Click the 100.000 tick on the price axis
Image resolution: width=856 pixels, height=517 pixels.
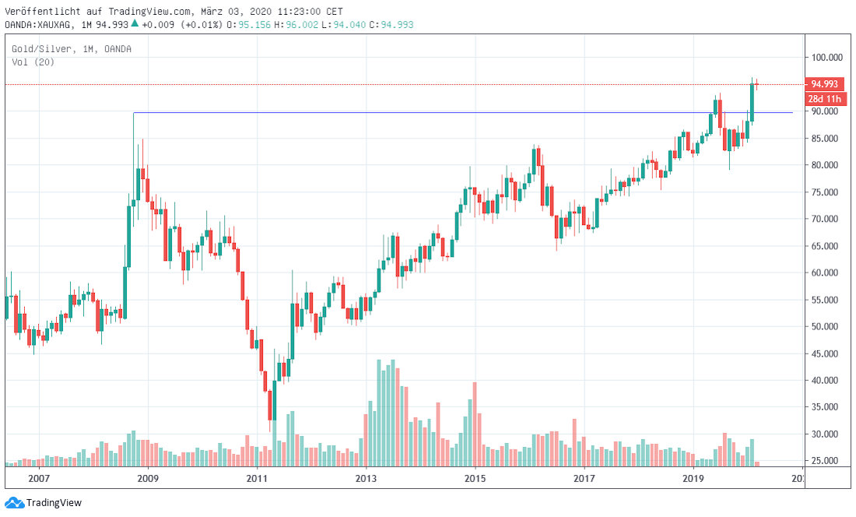pos(828,58)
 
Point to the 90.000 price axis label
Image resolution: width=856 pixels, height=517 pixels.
pos(826,111)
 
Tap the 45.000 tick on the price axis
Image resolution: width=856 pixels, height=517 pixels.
pos(826,353)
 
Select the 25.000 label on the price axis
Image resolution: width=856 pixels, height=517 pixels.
pos(826,461)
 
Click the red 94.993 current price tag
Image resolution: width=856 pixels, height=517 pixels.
pos(824,84)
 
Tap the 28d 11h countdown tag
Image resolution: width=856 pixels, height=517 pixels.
pos(824,99)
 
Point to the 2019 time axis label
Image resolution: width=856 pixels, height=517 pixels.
pos(693,478)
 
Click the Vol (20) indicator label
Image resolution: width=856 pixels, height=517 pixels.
pos(33,62)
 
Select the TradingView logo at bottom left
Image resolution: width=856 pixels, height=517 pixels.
pos(44,503)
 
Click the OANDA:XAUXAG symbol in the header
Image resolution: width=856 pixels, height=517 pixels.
pos(40,24)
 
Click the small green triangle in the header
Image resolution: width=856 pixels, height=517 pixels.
pos(135,23)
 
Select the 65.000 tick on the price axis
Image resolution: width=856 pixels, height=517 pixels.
pos(826,246)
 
